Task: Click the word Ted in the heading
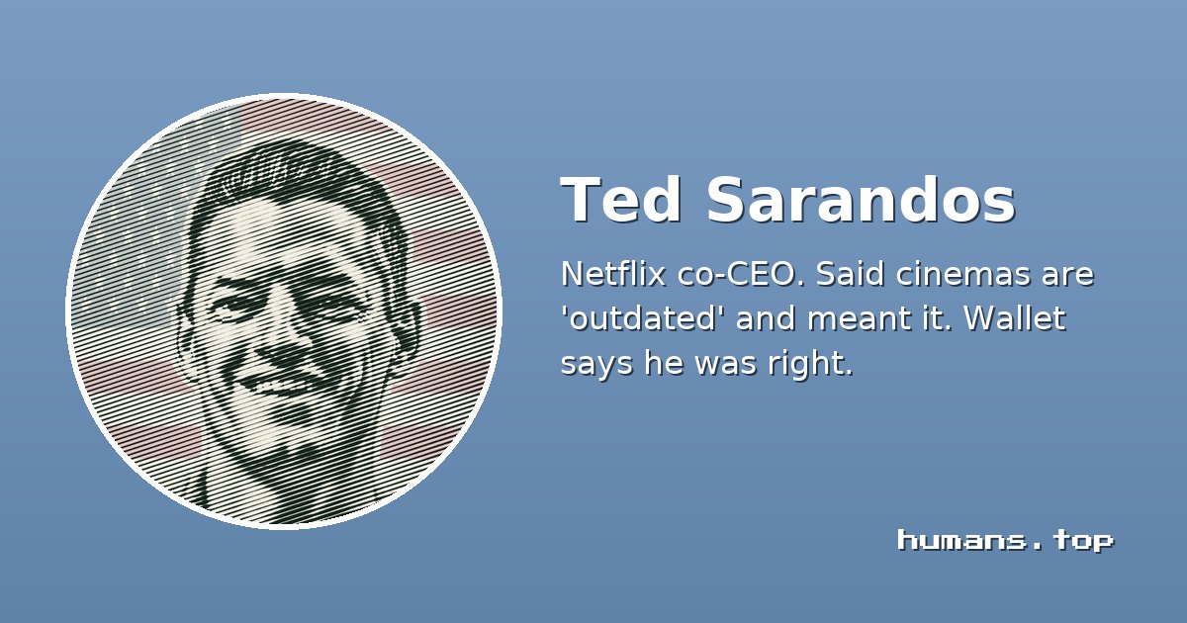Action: [x=620, y=199]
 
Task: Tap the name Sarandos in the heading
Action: [x=861, y=199]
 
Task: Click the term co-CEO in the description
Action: [x=742, y=274]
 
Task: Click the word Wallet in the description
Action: [x=1014, y=317]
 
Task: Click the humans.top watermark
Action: [x=1005, y=540]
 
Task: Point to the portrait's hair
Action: [x=297, y=180]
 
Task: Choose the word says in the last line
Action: [x=596, y=365]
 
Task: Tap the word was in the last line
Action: [x=725, y=365]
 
